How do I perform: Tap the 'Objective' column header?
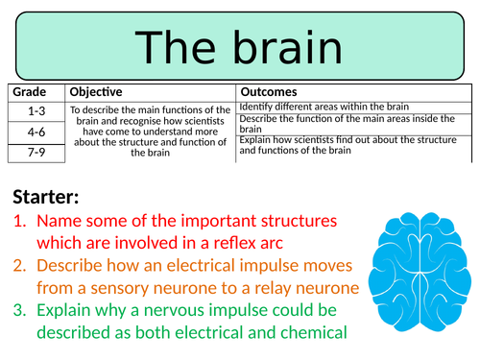[x=96, y=92]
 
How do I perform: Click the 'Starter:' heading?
[x=46, y=198]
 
